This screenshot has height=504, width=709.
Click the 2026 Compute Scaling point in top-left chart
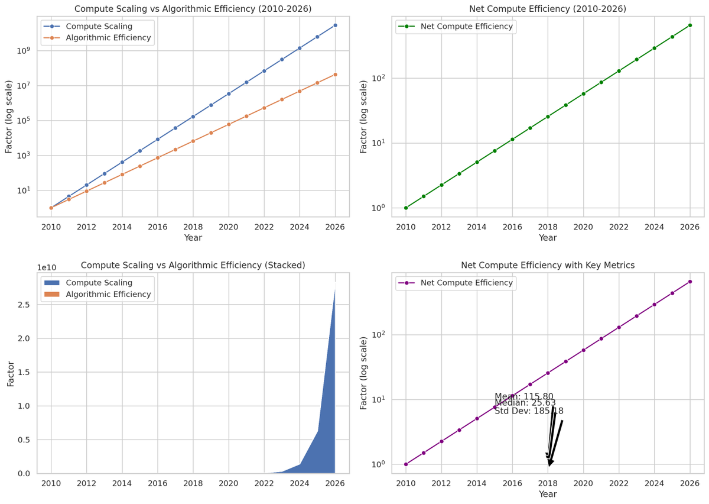(x=335, y=25)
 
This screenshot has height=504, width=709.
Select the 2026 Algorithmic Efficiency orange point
(x=335, y=75)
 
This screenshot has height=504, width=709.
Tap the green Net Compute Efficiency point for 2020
(x=583, y=94)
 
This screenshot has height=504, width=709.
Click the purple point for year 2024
(x=654, y=305)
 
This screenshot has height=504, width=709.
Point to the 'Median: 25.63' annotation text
(x=525, y=403)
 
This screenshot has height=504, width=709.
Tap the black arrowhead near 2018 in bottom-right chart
(x=550, y=463)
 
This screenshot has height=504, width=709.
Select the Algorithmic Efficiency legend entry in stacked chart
(x=108, y=294)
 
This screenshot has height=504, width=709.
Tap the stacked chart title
(x=193, y=266)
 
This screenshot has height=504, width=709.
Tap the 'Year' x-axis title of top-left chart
(x=193, y=238)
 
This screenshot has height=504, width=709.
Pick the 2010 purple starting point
(x=406, y=464)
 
